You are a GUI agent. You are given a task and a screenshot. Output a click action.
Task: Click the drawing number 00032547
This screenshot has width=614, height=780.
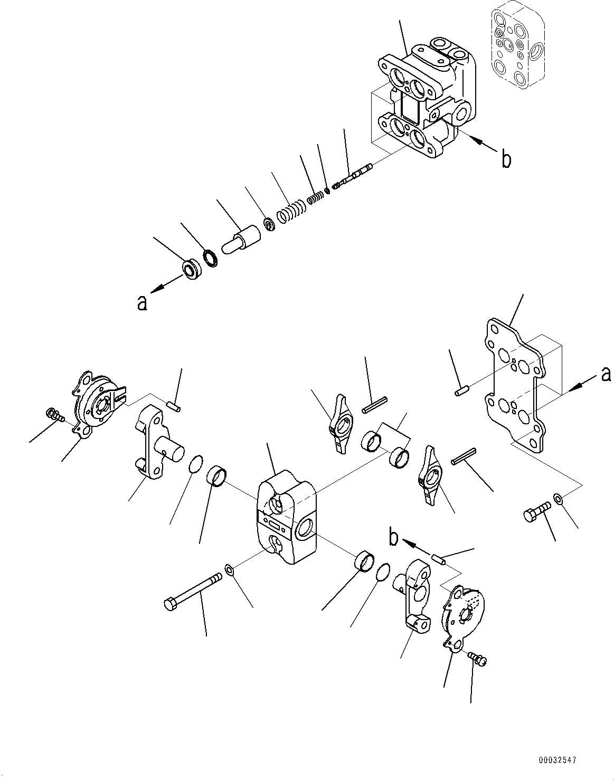pyautogui.click(x=557, y=760)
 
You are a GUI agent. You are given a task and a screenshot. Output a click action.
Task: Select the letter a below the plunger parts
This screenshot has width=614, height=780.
pyautogui.click(x=141, y=303)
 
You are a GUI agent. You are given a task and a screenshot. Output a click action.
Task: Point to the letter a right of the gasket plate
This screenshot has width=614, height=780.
pyautogui.click(x=606, y=374)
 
